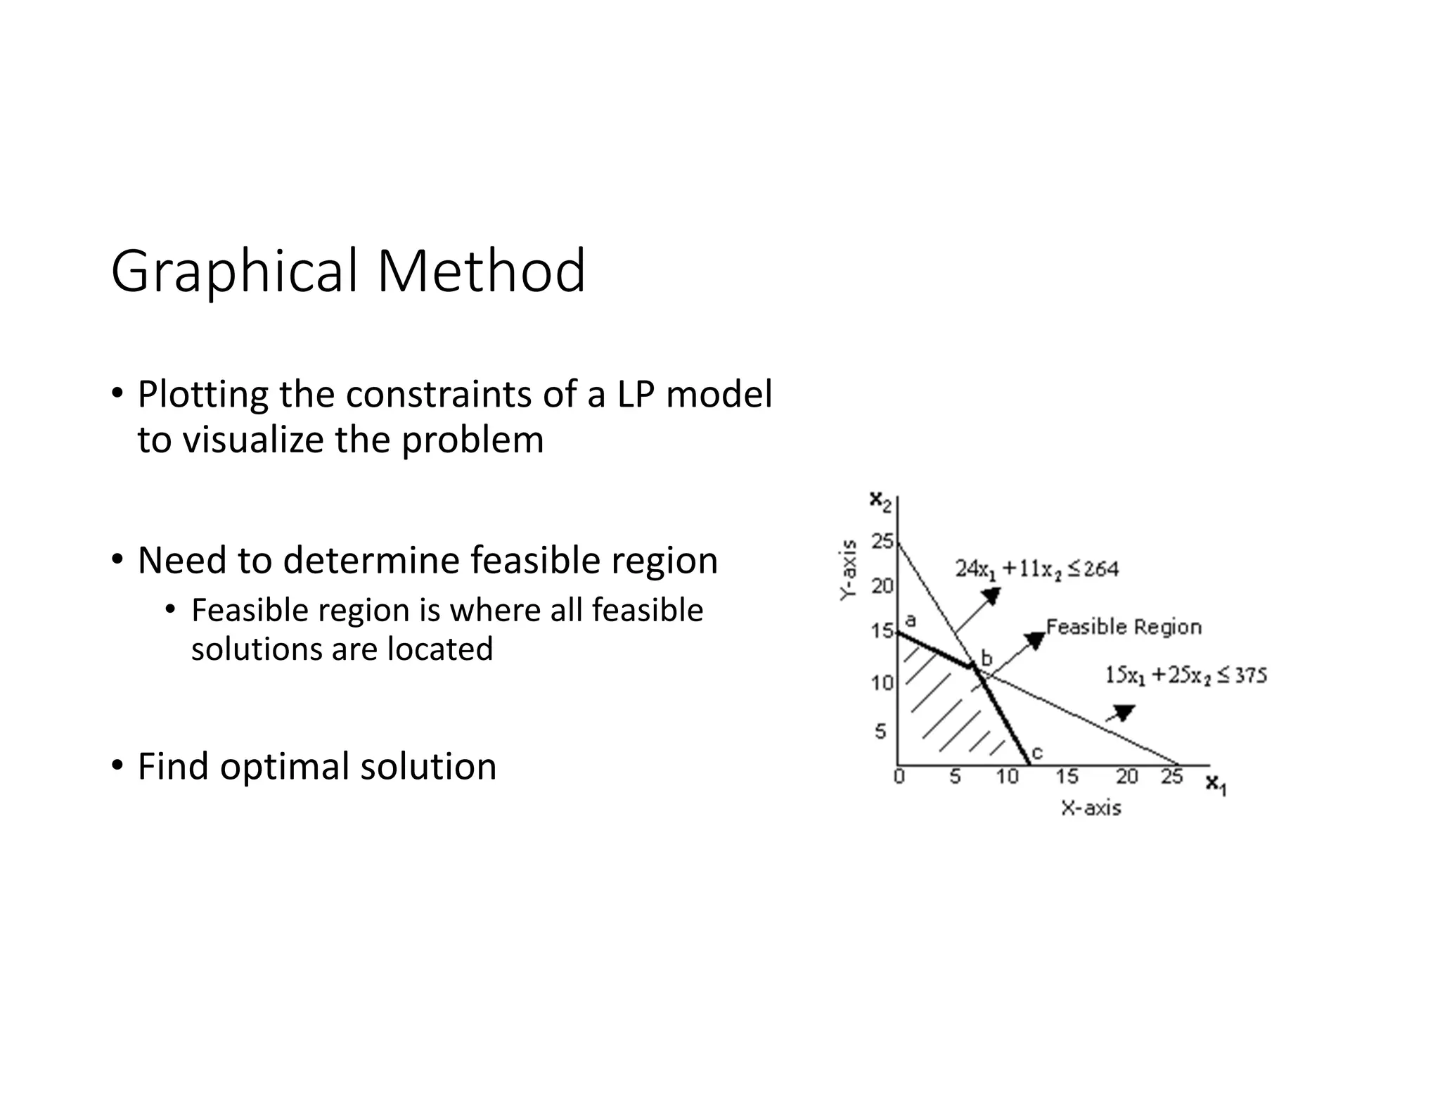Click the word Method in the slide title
click(481, 272)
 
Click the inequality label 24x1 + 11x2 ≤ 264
click(1036, 568)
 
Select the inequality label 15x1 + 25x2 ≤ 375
click(1185, 675)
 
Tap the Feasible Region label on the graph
click(1124, 627)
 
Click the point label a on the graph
click(910, 621)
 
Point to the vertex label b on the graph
click(986, 659)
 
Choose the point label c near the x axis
click(1036, 753)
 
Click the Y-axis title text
click(849, 570)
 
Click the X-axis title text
click(1091, 808)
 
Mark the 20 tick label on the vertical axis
click(882, 585)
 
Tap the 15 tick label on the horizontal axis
click(1067, 777)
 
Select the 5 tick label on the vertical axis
click(880, 732)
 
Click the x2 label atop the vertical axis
click(880, 501)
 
